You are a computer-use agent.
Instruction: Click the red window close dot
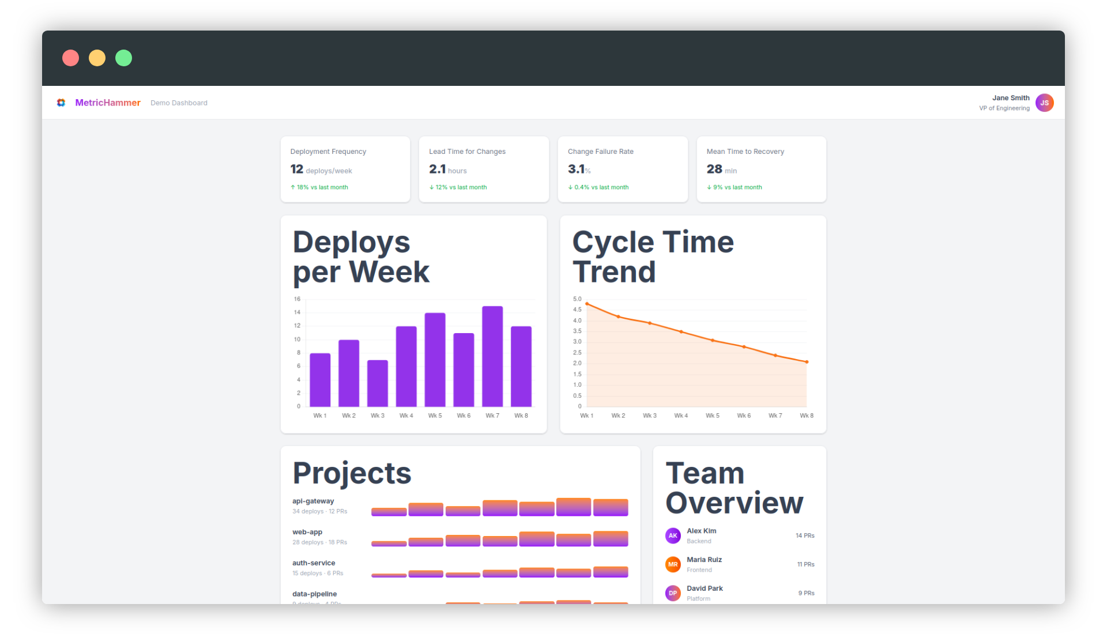coord(70,58)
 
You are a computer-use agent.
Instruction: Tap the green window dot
coord(123,58)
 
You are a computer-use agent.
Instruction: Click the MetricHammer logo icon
coord(61,103)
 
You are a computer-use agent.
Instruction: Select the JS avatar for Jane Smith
coord(1044,103)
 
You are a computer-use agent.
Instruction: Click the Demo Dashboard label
coord(179,103)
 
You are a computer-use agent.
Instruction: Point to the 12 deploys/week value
coord(321,169)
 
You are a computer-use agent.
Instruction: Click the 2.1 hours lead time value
coord(447,169)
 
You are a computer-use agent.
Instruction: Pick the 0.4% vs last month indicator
coord(598,187)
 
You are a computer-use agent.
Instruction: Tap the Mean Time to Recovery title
coord(745,152)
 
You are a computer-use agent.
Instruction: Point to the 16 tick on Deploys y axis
coord(297,299)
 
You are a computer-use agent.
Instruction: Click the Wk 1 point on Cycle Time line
coord(587,304)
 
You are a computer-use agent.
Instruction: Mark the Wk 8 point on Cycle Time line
coord(807,362)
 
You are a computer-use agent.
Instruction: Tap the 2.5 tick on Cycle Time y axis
coord(577,353)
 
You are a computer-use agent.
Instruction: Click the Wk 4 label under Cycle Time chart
coord(681,416)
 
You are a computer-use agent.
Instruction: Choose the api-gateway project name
coord(313,501)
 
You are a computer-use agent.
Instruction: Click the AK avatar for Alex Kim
coord(673,535)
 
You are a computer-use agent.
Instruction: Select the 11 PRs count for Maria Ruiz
coord(805,564)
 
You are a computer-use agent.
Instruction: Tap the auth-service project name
coord(314,563)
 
